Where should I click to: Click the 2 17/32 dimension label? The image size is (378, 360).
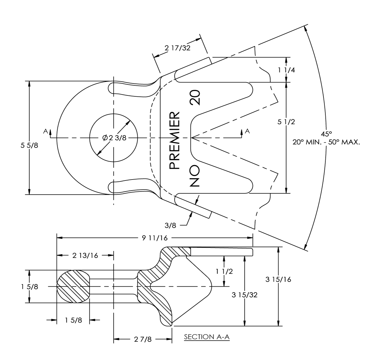click(x=178, y=48)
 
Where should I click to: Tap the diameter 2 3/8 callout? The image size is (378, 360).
click(x=114, y=138)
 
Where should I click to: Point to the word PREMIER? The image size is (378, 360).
click(x=175, y=140)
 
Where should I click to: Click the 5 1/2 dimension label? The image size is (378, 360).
click(x=286, y=122)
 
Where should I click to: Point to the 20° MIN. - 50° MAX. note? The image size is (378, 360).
click(x=326, y=142)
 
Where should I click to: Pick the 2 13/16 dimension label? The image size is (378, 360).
click(x=85, y=255)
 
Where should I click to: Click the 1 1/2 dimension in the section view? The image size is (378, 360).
click(x=224, y=271)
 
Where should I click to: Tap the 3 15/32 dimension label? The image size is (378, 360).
click(x=245, y=295)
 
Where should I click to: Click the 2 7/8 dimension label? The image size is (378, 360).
click(x=143, y=340)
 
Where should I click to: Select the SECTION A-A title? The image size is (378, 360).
click(x=207, y=337)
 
